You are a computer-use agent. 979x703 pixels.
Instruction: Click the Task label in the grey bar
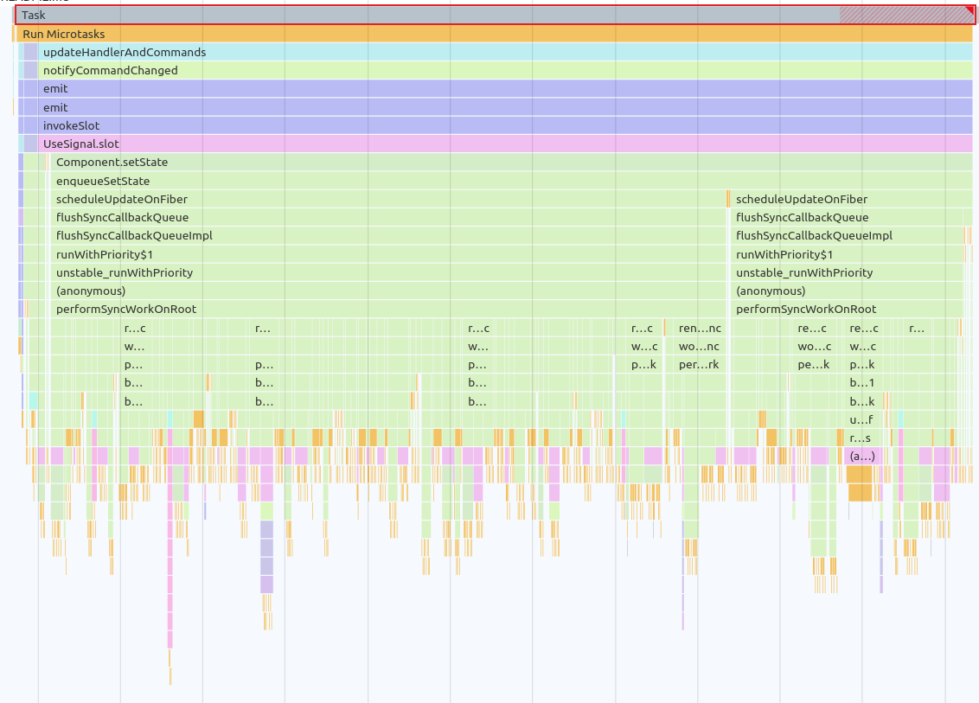coord(34,16)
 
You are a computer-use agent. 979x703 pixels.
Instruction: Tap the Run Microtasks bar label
coord(64,34)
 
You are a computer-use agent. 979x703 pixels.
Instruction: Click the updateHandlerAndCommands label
coord(125,53)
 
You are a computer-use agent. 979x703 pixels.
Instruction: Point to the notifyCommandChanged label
coord(111,71)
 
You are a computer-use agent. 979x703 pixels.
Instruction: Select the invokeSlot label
coord(71,126)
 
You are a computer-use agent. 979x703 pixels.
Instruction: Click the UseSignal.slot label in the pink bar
coord(81,144)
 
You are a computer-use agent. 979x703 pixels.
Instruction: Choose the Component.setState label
coord(112,163)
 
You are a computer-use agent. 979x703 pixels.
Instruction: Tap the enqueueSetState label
coord(103,182)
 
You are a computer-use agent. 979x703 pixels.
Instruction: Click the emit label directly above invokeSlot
coord(55,108)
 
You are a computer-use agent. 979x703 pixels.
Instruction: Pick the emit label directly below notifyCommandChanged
coord(55,89)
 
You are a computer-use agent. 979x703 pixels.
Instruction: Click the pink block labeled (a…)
coord(862,456)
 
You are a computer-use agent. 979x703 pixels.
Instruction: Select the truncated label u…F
coord(861,419)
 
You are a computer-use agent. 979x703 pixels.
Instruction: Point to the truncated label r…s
coord(861,438)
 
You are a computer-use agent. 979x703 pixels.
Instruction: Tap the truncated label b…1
coord(862,382)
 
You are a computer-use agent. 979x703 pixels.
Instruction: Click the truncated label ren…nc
coord(700,329)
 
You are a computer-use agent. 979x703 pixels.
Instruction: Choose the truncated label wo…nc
coord(700,347)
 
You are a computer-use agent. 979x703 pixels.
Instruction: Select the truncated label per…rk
coord(700,365)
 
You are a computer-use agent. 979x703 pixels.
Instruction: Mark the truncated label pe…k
coord(813,365)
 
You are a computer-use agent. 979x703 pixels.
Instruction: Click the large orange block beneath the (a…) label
coord(860,483)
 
